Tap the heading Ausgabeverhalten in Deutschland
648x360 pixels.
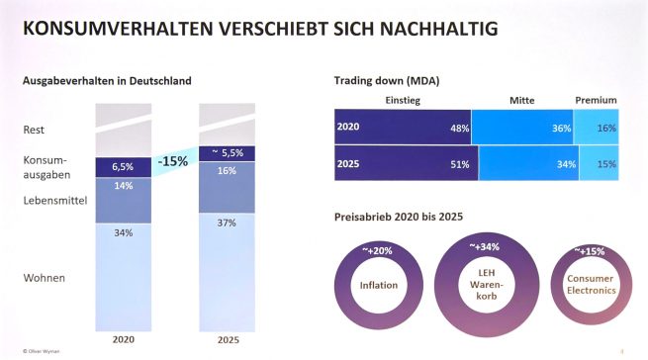(108, 79)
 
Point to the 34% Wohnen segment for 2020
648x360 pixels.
(124, 232)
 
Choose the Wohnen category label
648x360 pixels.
(44, 278)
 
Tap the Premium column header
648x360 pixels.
(596, 100)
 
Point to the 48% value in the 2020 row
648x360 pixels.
(459, 128)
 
